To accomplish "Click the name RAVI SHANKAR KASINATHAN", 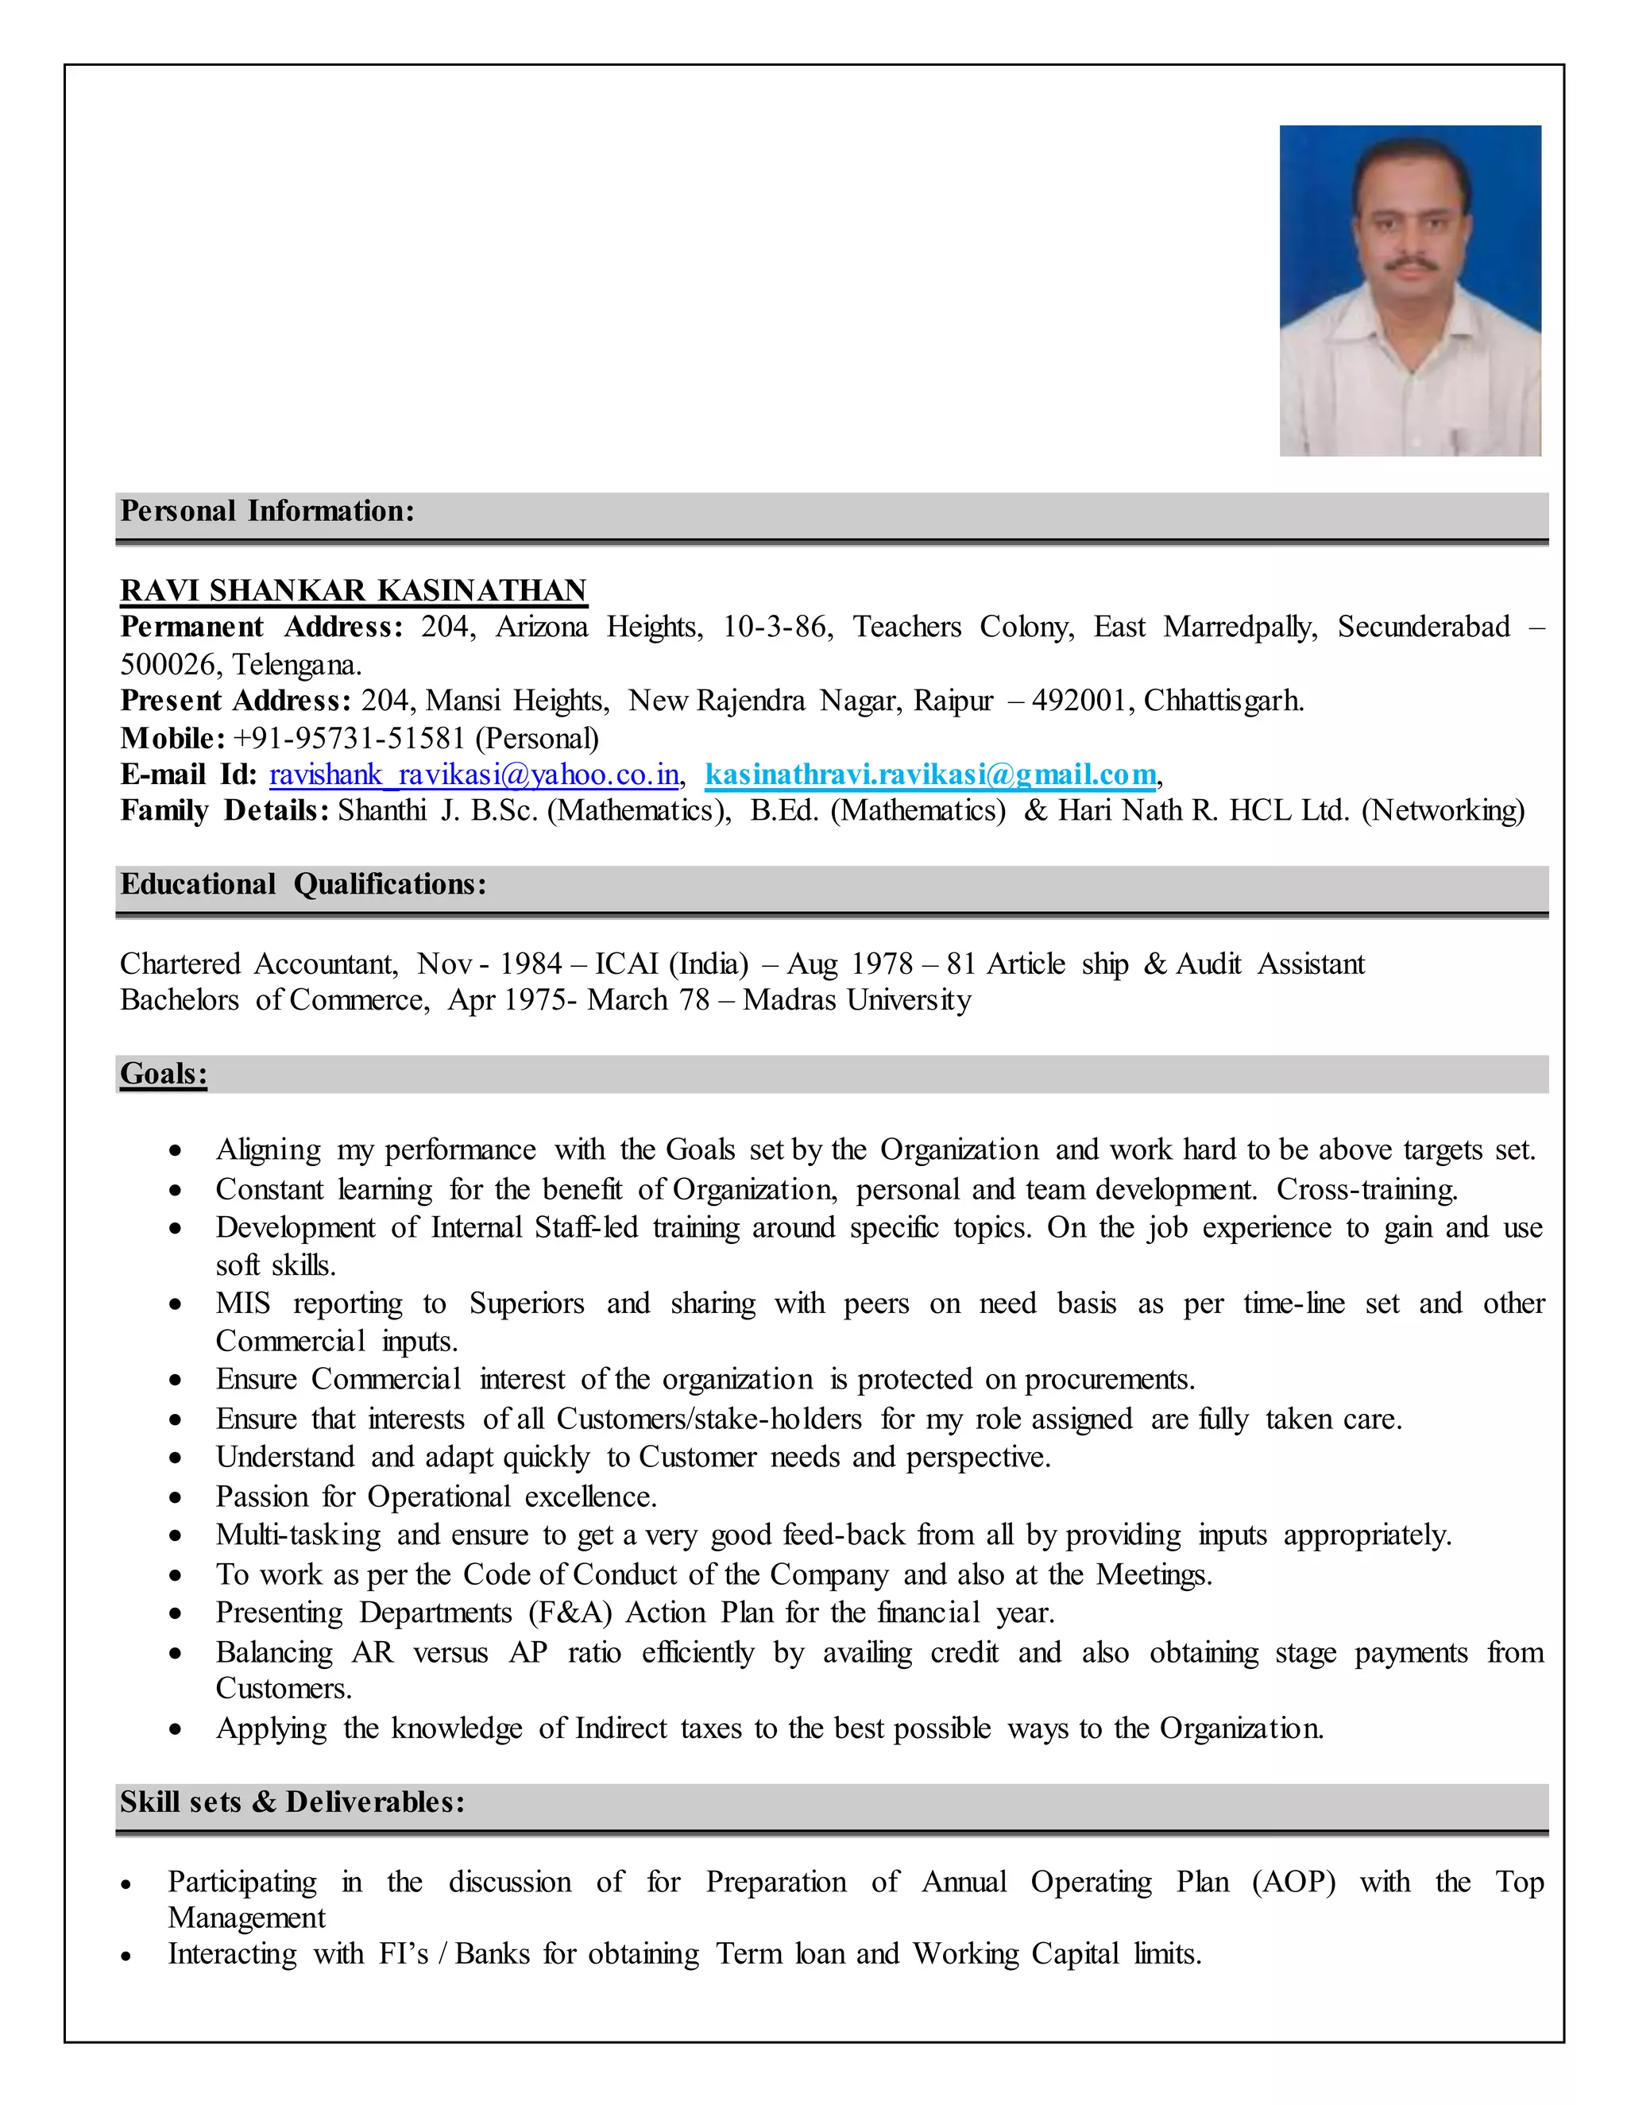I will coord(353,590).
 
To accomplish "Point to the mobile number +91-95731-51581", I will coord(349,738).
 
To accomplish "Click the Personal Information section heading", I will coord(267,511).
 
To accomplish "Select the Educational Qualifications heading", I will coord(303,884).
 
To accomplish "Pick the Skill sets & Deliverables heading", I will coord(292,1802).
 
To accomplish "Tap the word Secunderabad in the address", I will coord(1423,628).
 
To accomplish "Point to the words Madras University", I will coord(857,1000).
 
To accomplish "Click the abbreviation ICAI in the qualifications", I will coord(627,964).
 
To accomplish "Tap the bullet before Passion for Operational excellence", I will coord(175,1498).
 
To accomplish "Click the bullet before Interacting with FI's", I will coord(126,1956).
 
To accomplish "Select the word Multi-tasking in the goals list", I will coord(298,1535).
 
